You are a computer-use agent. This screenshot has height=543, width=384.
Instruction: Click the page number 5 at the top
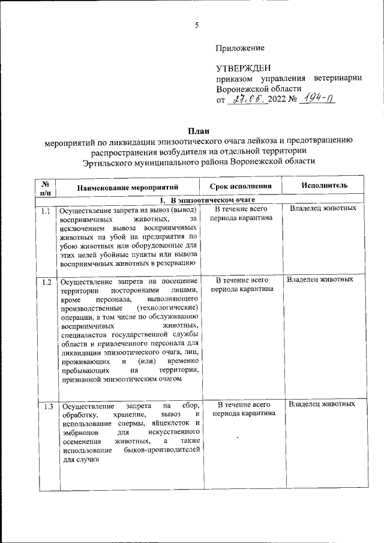click(196, 25)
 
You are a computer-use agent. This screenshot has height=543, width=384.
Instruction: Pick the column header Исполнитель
click(325, 186)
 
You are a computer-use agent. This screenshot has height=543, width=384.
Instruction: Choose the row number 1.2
click(46, 281)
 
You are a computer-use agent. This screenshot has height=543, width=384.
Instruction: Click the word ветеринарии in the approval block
click(337, 79)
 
